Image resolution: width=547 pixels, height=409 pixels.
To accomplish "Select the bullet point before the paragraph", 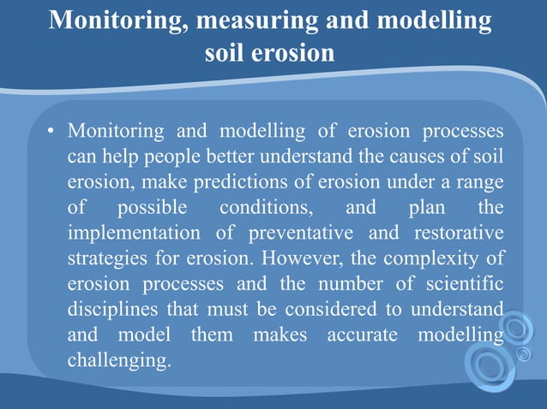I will (51, 133).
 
